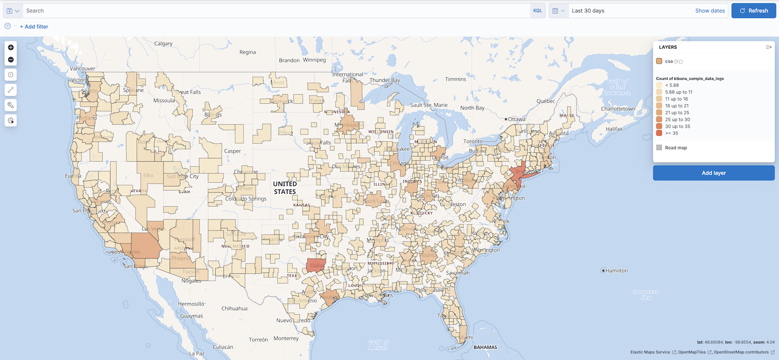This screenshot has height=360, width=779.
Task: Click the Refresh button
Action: [753, 11]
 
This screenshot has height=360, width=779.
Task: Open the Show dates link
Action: [709, 11]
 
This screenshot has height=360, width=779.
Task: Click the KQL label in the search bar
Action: [537, 11]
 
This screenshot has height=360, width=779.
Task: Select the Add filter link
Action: [34, 27]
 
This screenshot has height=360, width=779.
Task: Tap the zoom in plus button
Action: [11, 47]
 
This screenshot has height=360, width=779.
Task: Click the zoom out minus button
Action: [11, 60]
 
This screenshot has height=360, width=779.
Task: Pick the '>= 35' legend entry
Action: [671, 133]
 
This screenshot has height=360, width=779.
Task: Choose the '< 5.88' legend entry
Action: [671, 85]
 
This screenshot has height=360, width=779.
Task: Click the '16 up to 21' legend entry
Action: [676, 106]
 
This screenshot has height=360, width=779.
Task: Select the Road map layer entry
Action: [676, 148]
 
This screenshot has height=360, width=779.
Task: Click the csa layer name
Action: [669, 61]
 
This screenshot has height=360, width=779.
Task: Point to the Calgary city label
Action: [163, 43]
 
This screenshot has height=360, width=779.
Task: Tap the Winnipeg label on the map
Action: [314, 60]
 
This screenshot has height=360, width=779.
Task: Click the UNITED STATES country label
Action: [285, 188]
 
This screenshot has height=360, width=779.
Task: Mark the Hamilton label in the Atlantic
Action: [616, 271]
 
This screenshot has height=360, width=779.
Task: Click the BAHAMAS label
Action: [485, 347]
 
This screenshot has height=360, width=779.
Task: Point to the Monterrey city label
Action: [286, 338]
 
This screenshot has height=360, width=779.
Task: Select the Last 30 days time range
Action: [588, 11]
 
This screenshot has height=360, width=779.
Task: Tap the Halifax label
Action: [614, 129]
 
